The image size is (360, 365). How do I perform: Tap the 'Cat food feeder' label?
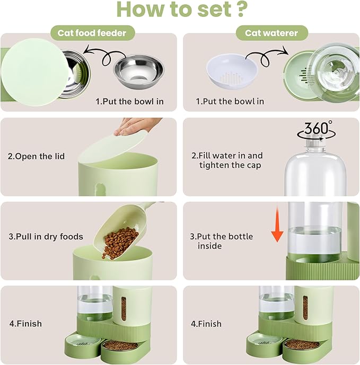92,33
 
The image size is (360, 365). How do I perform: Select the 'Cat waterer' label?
271,33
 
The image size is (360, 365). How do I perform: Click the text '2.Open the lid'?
36,156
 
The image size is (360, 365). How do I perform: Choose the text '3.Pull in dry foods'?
46,236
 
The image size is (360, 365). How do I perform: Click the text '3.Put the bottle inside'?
222,241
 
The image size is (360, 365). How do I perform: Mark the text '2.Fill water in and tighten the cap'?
227,160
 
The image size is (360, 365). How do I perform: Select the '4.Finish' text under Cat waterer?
206,323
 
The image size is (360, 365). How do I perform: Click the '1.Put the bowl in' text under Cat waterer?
230,101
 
